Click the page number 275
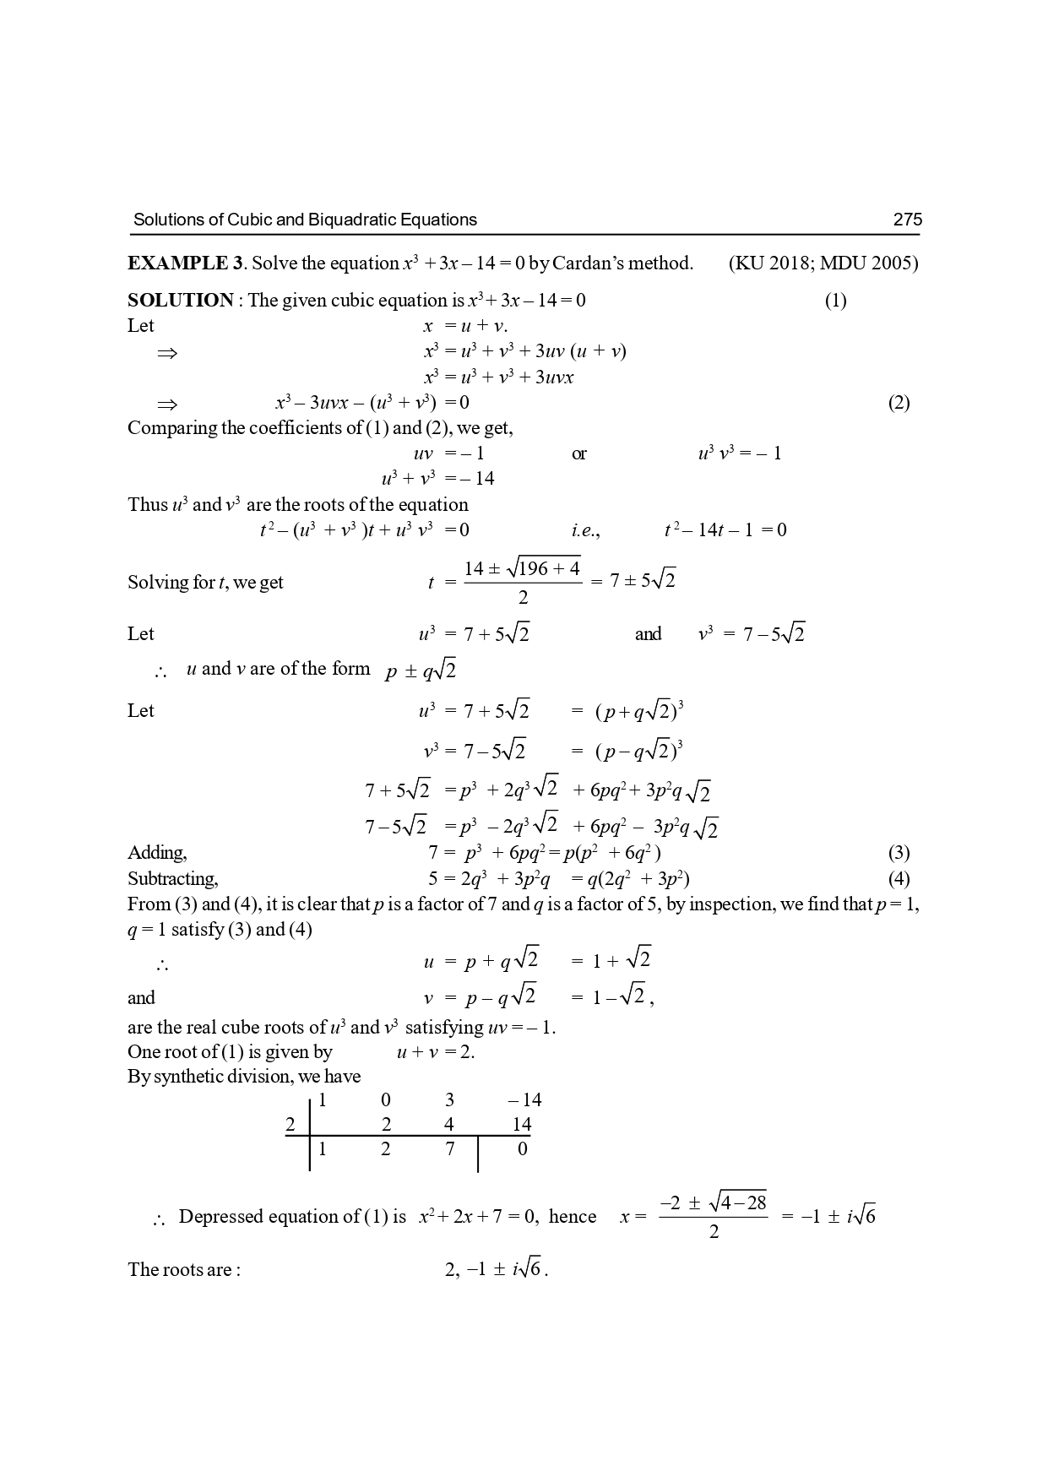coord(907,220)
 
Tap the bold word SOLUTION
coord(181,301)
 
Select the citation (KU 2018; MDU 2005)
coord(823,263)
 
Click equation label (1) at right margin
coord(834,301)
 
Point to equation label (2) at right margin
coord(899,403)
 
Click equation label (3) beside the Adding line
coord(899,853)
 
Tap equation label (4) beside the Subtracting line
coord(899,879)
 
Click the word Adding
coord(157,853)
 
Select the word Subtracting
coord(172,879)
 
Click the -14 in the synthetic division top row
coord(525,1099)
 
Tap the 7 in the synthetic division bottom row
coord(449,1148)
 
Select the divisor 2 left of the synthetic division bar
coord(291,1124)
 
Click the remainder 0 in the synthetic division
coord(522,1148)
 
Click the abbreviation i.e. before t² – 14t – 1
coord(584,530)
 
